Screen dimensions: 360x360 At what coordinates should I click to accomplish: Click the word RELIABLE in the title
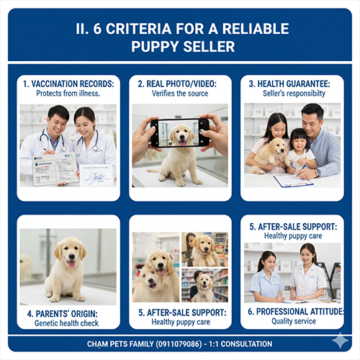click(x=256, y=29)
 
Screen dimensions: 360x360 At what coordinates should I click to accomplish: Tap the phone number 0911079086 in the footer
click(x=179, y=344)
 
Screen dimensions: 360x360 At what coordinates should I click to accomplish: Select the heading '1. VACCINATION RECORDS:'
click(x=68, y=84)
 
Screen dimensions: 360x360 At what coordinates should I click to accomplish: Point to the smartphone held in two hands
click(x=180, y=132)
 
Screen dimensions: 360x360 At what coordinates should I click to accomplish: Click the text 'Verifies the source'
click(x=180, y=94)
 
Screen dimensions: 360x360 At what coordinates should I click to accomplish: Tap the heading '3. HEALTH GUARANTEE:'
click(x=289, y=84)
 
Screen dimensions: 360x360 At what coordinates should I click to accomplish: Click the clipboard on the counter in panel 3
click(x=293, y=181)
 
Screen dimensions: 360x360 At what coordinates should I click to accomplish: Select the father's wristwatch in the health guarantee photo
click(x=318, y=172)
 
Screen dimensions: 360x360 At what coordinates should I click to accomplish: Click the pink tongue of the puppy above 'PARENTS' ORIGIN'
click(x=71, y=264)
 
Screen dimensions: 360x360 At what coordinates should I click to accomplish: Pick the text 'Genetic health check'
click(x=66, y=323)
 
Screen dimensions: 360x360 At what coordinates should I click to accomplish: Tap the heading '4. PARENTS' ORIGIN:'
click(x=63, y=314)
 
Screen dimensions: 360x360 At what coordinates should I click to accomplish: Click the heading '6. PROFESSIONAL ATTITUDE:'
click(x=296, y=312)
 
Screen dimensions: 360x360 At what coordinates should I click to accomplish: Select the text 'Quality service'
click(x=294, y=321)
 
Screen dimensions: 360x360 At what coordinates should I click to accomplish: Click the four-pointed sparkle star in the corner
click(x=340, y=341)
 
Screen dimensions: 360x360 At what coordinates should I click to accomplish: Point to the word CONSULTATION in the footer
click(x=246, y=344)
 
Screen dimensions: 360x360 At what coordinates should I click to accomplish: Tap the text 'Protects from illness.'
click(x=68, y=94)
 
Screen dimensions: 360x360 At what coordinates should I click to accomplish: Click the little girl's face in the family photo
click(x=299, y=142)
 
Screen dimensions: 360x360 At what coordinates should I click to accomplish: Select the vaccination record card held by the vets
click(x=55, y=169)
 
